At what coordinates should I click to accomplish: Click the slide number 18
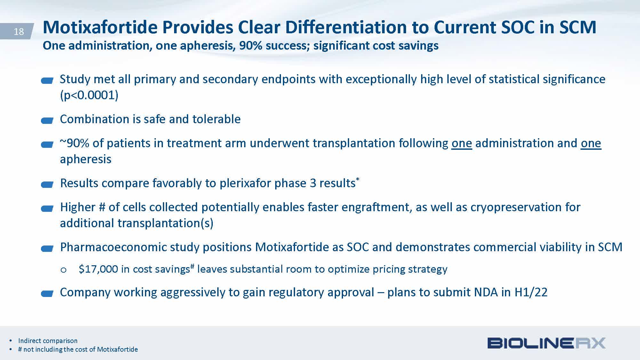coord(19,31)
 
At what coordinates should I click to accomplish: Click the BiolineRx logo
coord(547,343)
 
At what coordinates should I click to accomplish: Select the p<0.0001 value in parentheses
coord(89,95)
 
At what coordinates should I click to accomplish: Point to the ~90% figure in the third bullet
coord(74,143)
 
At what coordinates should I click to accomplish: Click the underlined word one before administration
coord(462,143)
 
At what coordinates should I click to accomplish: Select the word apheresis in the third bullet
coord(86,159)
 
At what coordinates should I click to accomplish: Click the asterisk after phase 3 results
coord(357,179)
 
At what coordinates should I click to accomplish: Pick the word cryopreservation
coord(516,207)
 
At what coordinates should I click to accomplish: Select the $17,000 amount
coord(98,269)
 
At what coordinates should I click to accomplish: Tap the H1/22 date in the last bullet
coord(531,292)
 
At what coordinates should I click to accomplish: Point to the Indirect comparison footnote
coord(48,340)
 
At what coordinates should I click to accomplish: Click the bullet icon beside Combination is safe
coord(47,121)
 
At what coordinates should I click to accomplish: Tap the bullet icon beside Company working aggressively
coord(47,294)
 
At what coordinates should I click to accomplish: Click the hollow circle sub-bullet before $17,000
coord(63,270)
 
